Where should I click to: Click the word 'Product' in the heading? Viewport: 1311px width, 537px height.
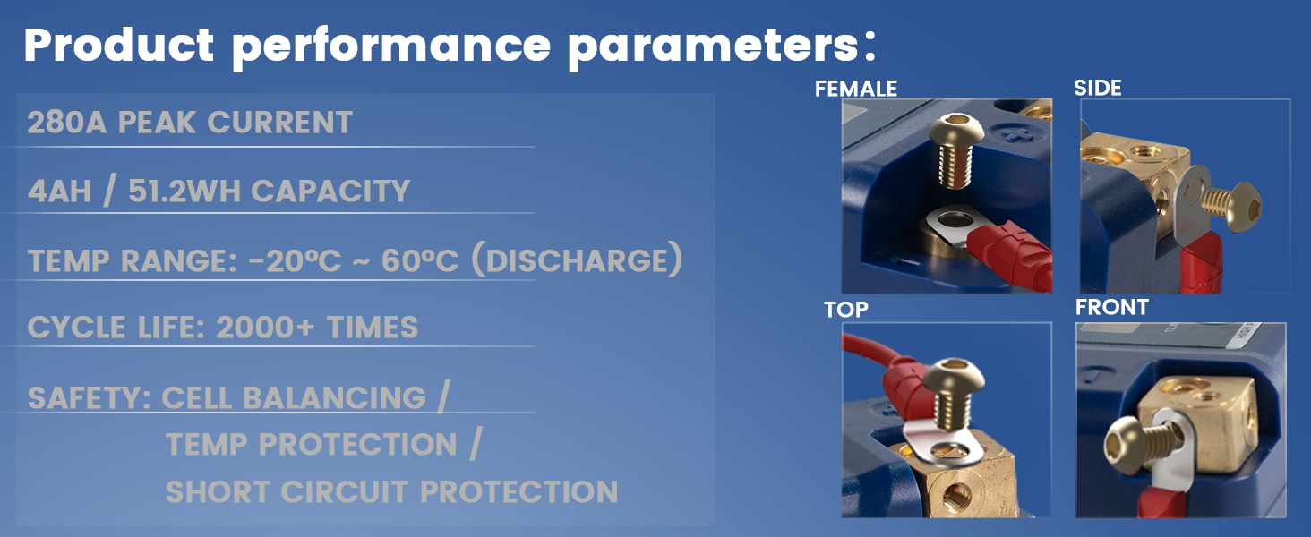coord(119,46)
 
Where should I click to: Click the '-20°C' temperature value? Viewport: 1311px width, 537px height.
coord(295,260)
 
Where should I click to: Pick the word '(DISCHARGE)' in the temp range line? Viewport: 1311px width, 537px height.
coord(577,260)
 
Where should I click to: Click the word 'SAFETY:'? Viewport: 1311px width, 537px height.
coord(90,398)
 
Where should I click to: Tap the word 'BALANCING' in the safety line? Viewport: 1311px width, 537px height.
coord(334,398)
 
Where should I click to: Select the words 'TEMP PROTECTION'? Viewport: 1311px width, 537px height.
coord(312,445)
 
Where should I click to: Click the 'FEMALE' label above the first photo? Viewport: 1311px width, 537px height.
coord(856,89)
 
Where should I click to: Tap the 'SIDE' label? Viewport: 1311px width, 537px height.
coord(1097,88)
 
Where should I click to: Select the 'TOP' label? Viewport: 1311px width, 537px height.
coord(845,310)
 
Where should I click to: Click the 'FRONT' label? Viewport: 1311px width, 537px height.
coord(1112,308)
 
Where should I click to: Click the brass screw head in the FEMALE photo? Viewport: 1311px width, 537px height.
coord(955,127)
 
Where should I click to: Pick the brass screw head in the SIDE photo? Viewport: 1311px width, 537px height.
coord(1241,207)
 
